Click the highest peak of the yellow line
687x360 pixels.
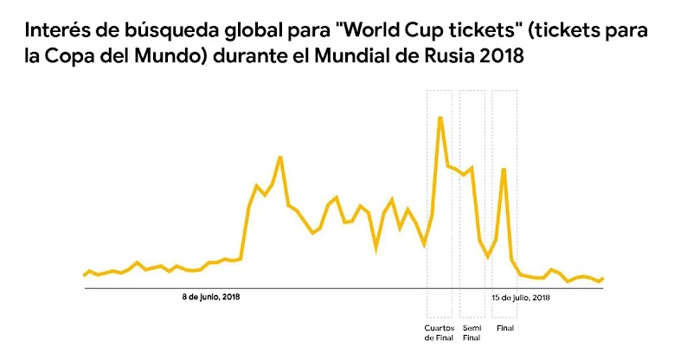(x=440, y=117)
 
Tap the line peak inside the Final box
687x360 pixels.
(x=503, y=170)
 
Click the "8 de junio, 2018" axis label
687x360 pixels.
(x=210, y=297)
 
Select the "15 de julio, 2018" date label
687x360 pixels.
(x=521, y=297)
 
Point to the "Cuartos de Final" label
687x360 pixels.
(x=439, y=333)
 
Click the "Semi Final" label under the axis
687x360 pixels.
(x=472, y=333)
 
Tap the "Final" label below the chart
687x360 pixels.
(x=503, y=328)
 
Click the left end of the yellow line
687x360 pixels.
(x=85, y=275)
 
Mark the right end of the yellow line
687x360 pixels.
(x=602, y=279)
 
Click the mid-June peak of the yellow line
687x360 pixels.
(x=280, y=157)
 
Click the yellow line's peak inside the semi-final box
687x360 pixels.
(x=472, y=168)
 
